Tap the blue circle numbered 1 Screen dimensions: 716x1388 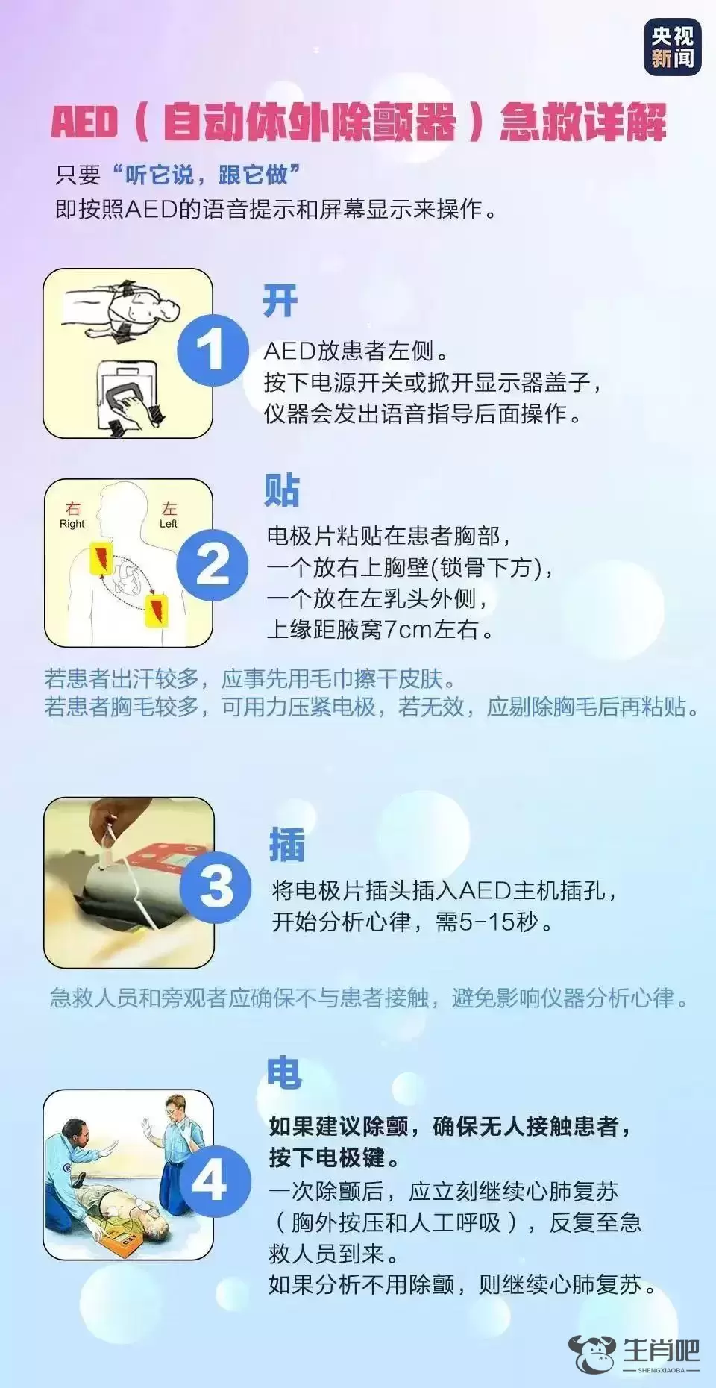pos(212,350)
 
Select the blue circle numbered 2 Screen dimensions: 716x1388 pos(212,565)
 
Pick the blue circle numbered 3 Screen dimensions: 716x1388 pos(216,886)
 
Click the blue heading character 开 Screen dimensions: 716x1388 pos(280,301)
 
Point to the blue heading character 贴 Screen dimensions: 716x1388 pos(282,490)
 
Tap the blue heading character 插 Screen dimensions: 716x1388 pos(287,845)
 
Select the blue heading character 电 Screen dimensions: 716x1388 pos(284,1072)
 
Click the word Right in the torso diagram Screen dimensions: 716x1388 pos(72,524)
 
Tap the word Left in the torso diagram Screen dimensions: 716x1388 pos(169,524)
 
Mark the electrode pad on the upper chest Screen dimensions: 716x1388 pos(101,559)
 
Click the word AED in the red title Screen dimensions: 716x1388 pos(84,122)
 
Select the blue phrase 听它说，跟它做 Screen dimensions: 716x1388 pos(206,175)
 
